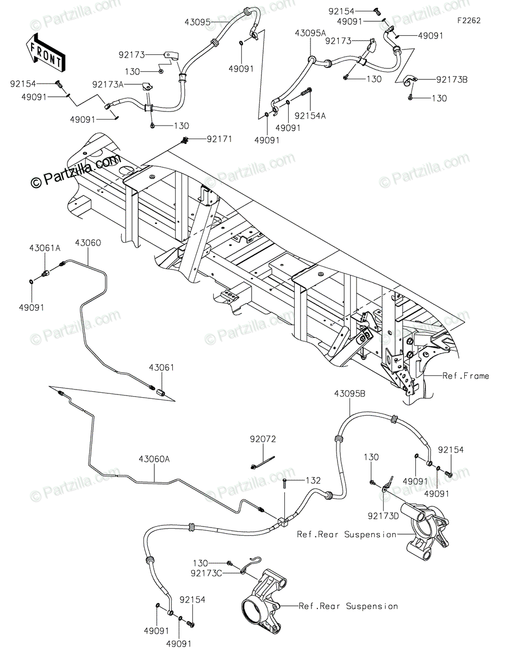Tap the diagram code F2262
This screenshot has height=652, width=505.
click(x=469, y=21)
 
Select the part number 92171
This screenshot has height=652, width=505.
click(x=219, y=139)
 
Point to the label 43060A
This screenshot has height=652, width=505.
click(x=154, y=459)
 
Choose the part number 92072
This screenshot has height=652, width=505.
click(x=263, y=438)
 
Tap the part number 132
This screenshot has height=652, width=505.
click(x=313, y=480)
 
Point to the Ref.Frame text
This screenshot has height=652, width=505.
click(x=465, y=375)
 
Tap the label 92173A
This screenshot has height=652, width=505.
click(x=108, y=84)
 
